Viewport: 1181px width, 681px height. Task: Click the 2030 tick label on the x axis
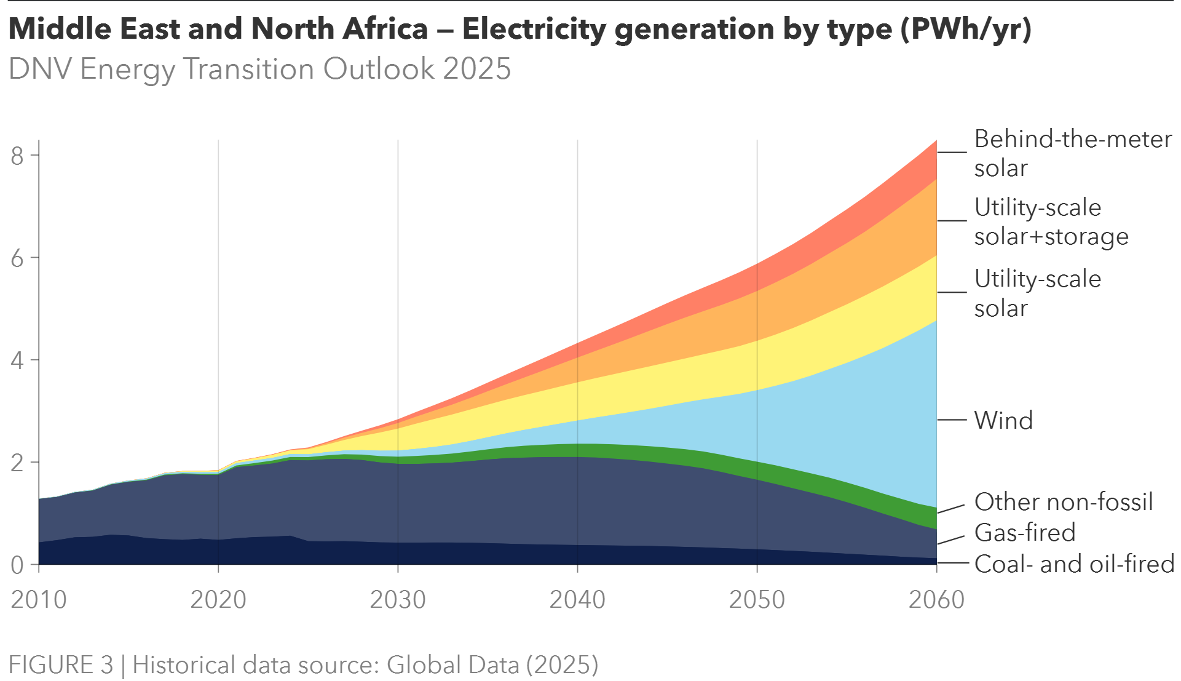(397, 599)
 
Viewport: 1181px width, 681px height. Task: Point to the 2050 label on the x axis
(757, 599)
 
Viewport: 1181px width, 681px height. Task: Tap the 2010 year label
(39, 599)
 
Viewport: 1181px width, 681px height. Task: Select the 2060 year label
(936, 599)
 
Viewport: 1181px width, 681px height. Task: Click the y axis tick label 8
(17, 156)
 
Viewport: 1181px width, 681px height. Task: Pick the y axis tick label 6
(17, 258)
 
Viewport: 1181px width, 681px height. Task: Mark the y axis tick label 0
(17, 565)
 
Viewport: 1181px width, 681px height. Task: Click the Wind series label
(1003, 421)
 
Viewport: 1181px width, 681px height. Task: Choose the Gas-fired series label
(1025, 533)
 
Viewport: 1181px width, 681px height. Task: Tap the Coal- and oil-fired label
(1074, 564)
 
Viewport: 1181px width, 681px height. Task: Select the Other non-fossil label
(1063, 502)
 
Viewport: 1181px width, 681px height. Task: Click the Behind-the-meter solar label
(1073, 154)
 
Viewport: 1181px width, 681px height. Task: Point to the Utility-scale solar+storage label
(1051, 222)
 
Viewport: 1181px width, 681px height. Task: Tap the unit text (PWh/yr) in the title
(966, 29)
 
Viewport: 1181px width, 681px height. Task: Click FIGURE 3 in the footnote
(61, 665)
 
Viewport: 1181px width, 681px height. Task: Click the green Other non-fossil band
(615, 451)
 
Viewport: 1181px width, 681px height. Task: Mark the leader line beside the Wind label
(952, 420)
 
